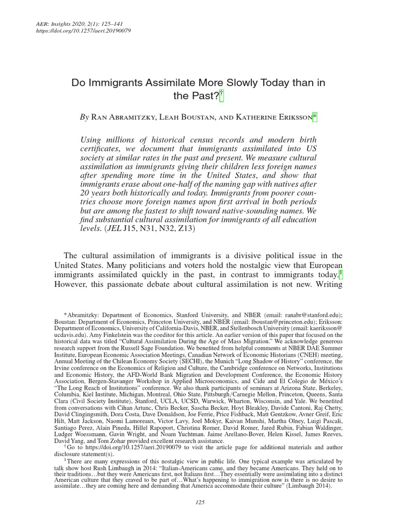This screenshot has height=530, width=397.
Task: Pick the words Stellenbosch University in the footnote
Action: (276, 327)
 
